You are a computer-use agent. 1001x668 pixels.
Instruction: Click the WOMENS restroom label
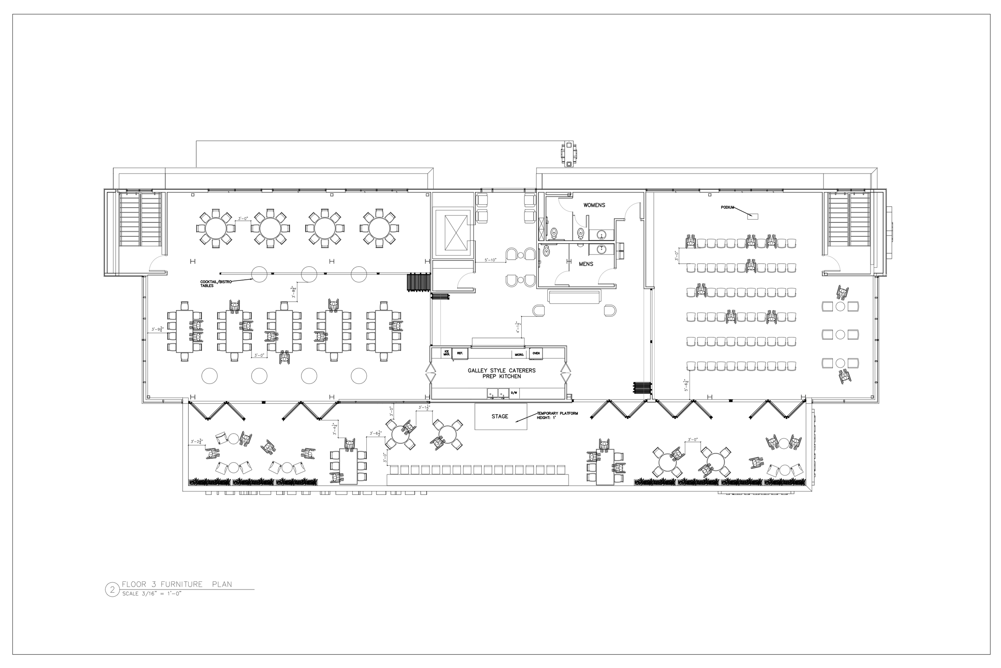(594, 205)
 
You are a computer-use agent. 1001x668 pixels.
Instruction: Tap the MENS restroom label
(586, 264)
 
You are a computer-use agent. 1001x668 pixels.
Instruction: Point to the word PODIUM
(728, 208)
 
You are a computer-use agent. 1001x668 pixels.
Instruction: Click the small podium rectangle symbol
(753, 216)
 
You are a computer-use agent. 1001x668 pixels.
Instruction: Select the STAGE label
(500, 416)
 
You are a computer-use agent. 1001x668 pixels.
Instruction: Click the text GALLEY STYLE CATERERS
(501, 371)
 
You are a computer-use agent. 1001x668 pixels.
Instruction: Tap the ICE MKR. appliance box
(446, 353)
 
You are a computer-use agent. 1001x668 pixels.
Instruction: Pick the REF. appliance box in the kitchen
(460, 353)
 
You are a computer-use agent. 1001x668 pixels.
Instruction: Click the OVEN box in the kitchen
(535, 353)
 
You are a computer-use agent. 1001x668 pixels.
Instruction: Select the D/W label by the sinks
(514, 392)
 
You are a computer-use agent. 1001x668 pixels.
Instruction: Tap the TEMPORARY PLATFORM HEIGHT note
(557, 416)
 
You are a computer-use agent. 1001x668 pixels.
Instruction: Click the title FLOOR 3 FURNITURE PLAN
(177, 584)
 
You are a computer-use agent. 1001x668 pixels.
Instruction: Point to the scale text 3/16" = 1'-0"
(152, 594)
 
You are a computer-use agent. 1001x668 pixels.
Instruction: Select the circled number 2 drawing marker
(113, 590)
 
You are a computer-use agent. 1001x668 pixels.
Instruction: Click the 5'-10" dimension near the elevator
(490, 260)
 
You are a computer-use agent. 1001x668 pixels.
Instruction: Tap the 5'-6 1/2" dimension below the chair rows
(686, 385)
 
